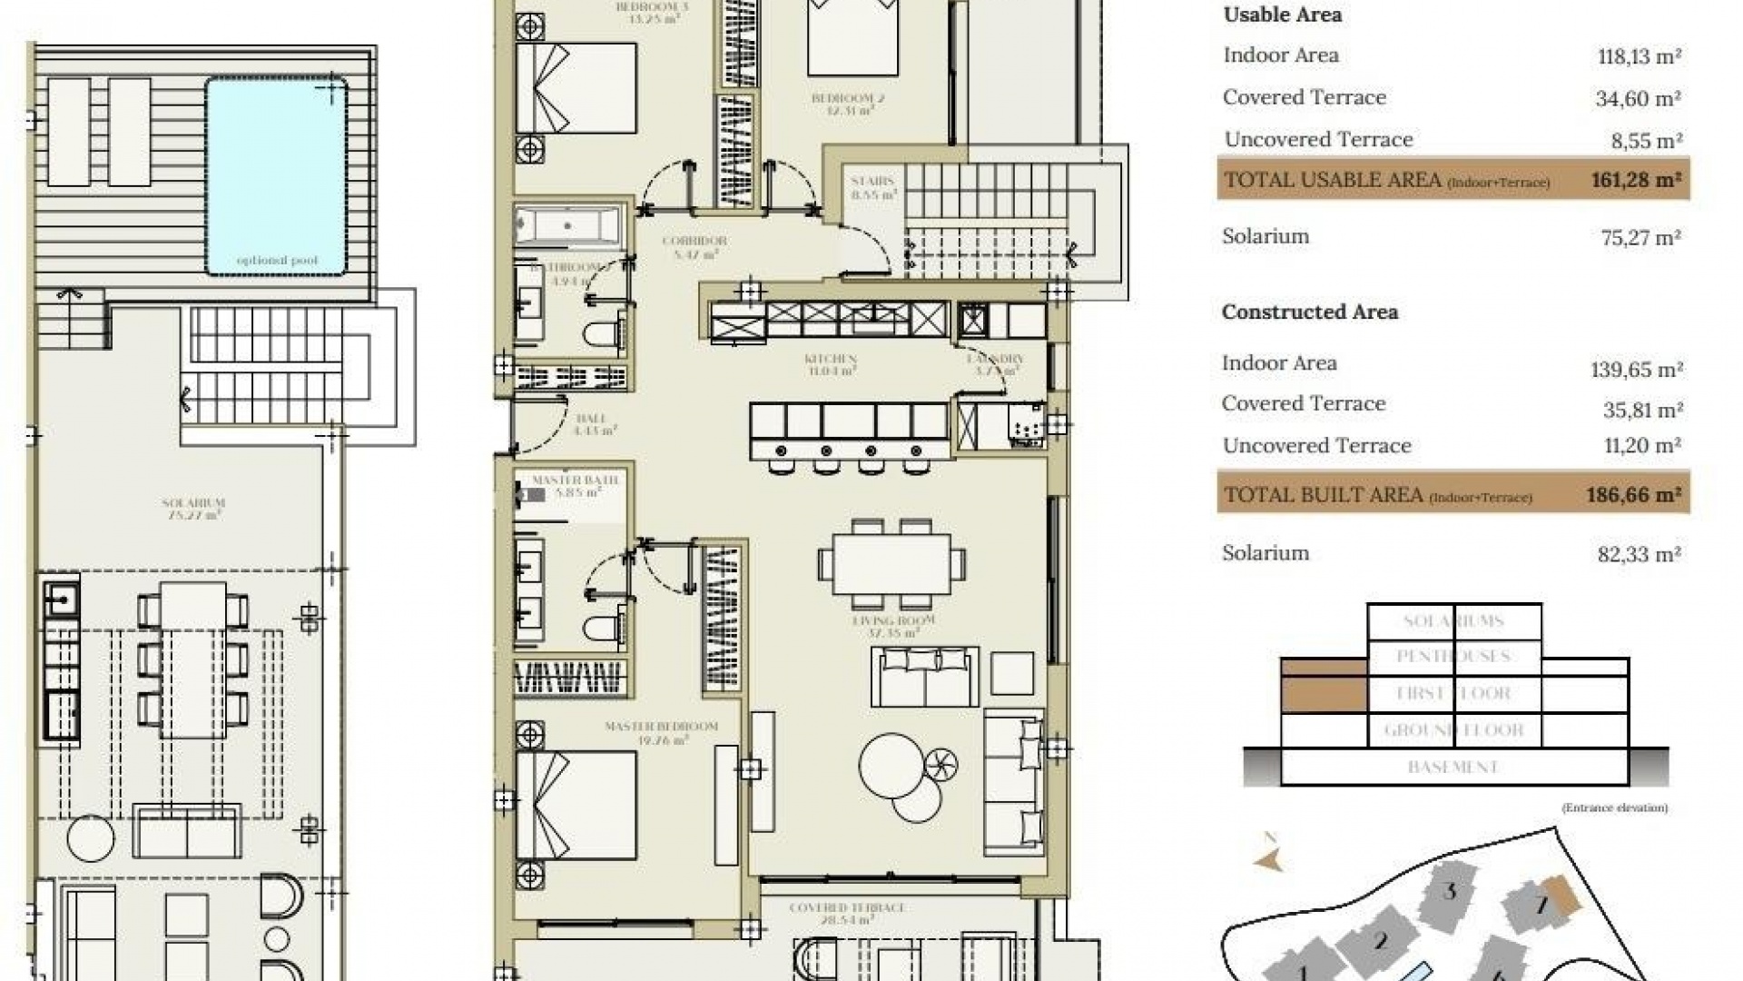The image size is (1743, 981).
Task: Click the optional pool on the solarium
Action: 276,176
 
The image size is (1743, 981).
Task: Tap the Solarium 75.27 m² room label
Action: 192,508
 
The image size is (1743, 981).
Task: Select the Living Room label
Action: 893,626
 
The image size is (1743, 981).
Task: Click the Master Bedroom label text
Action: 661,732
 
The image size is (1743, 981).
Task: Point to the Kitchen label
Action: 831,364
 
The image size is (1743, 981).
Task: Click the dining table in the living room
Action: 891,563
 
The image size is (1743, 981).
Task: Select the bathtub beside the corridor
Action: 568,225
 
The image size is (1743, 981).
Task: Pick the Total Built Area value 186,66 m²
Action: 1633,495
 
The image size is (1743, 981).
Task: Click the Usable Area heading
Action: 1282,15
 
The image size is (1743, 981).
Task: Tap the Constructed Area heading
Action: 1309,312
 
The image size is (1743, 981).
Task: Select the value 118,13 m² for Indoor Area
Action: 1639,56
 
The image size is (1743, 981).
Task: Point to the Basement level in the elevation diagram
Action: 1453,768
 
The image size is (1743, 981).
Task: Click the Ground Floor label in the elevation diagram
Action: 1453,730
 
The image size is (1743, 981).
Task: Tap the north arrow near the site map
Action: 1269,857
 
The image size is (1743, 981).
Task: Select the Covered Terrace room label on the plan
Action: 847,912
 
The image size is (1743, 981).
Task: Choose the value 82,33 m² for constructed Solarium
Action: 1639,554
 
